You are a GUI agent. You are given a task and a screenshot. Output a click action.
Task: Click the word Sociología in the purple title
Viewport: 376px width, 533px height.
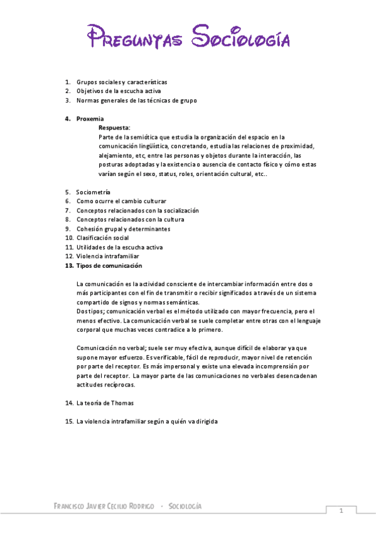tap(240, 37)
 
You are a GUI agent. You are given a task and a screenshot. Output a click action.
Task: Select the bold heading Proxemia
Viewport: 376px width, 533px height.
tap(90, 118)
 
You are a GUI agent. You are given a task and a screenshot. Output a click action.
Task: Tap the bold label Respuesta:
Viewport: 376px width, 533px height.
tap(114, 127)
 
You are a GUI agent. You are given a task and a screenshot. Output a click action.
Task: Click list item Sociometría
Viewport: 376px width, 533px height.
tap(93, 192)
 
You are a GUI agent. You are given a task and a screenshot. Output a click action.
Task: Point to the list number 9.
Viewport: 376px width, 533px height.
tap(68, 229)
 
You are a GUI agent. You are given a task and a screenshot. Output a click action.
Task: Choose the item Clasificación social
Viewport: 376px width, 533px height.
tap(102, 238)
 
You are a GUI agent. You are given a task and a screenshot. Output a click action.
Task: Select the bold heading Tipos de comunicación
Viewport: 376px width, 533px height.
tap(109, 266)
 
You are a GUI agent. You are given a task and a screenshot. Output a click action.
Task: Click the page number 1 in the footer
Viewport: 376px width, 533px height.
tap(341, 510)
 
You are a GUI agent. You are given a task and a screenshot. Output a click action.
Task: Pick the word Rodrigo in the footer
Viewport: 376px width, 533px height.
tap(141, 507)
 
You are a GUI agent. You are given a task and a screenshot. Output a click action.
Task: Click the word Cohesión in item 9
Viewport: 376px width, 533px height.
tap(91, 229)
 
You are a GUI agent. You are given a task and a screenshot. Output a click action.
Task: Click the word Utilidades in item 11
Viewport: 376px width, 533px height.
tap(93, 248)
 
